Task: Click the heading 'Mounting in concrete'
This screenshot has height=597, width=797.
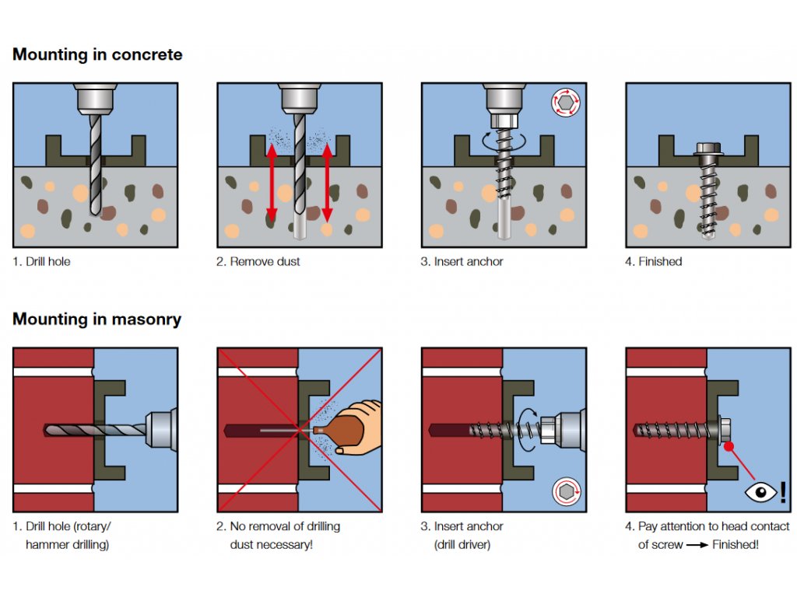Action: (97, 55)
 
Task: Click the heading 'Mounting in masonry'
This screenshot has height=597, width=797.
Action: (97, 319)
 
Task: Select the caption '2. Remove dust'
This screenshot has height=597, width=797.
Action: (258, 262)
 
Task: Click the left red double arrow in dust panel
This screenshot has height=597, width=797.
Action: (272, 183)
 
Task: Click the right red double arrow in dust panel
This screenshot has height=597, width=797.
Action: (327, 183)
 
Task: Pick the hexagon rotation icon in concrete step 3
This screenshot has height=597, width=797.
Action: (566, 103)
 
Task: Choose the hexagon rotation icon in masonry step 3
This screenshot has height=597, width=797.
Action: (566, 491)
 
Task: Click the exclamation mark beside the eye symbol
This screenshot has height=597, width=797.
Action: (782, 492)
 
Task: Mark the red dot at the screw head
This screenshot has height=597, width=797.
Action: (729, 446)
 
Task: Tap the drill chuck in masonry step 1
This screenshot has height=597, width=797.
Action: (159, 428)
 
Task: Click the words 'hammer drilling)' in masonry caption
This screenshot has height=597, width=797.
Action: (67, 545)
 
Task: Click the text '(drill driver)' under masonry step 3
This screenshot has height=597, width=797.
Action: (462, 545)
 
